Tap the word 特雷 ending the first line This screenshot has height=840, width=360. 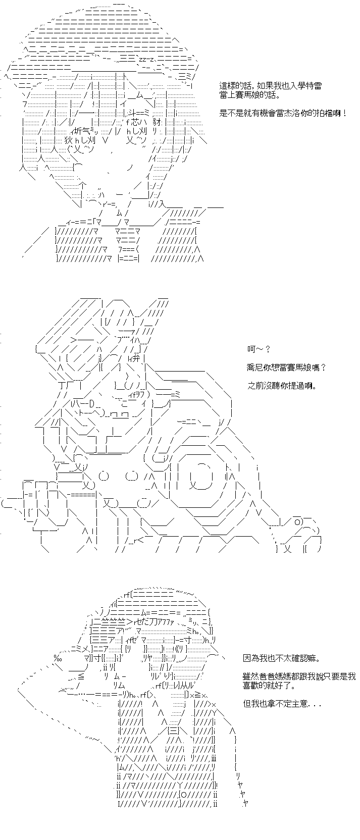coord(316,86)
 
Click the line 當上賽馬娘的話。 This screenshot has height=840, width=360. coord(250,95)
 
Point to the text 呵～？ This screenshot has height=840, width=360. coord(259,349)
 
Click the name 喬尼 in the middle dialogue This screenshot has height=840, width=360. coord(253,367)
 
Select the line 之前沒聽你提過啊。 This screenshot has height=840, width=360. coord(282,386)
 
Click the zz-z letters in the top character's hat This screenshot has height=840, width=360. coord(145,59)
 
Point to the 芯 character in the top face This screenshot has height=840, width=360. coord(133,122)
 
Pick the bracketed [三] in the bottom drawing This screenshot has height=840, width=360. coord(174,730)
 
